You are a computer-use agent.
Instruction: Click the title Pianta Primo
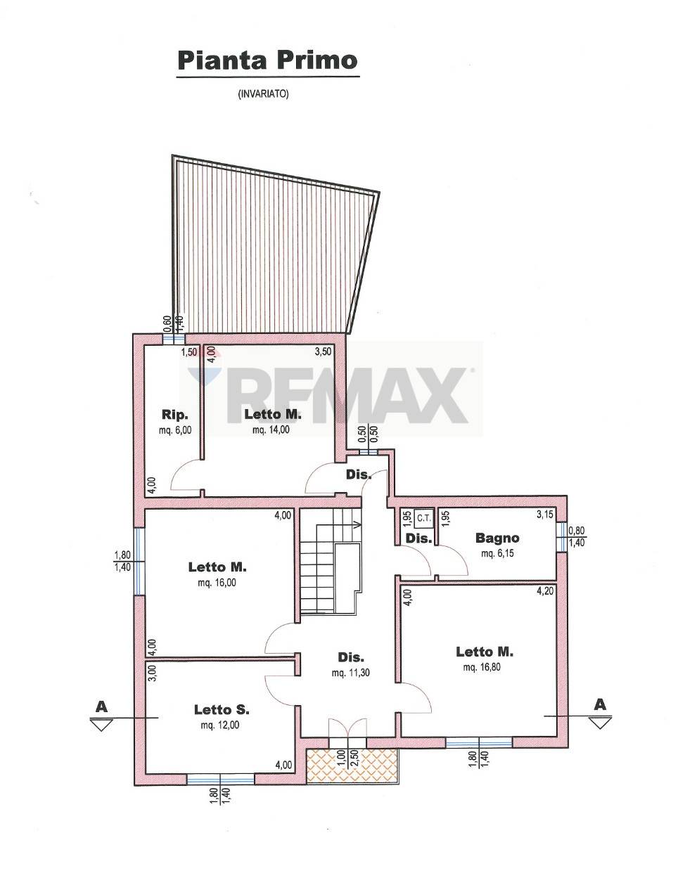(x=267, y=60)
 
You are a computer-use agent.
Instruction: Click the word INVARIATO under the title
(x=263, y=94)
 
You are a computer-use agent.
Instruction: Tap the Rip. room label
(x=175, y=415)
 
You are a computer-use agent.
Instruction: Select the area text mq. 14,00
(x=271, y=429)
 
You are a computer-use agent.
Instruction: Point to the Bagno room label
(x=497, y=538)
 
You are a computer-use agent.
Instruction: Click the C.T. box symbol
(x=423, y=519)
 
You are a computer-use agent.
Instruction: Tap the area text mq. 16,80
(x=482, y=667)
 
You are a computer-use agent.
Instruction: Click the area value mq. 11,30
(x=350, y=673)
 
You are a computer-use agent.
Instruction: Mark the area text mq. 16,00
(x=217, y=583)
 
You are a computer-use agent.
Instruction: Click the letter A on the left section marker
(x=101, y=706)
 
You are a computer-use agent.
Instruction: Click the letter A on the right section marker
(x=600, y=704)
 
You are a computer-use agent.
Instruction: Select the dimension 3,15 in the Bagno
(x=545, y=515)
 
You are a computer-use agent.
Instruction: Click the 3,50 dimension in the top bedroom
(x=323, y=351)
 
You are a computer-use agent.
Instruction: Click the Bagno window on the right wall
(x=562, y=537)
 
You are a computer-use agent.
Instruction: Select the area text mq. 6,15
(x=497, y=553)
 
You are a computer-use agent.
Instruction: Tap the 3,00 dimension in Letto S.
(x=151, y=673)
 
